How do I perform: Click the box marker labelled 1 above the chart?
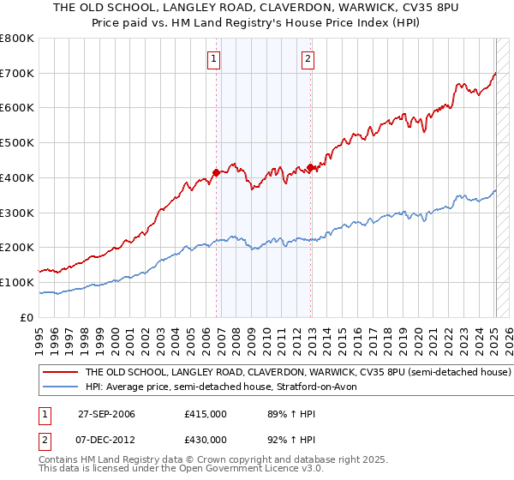point(213,59)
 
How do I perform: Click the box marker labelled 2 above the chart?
point(308,59)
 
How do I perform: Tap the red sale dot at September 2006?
point(216,172)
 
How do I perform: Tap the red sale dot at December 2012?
point(310,167)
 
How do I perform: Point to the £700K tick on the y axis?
point(18,74)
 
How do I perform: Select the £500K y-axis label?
point(18,143)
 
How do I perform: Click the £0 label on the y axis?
point(27,317)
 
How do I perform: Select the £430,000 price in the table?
point(206,439)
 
